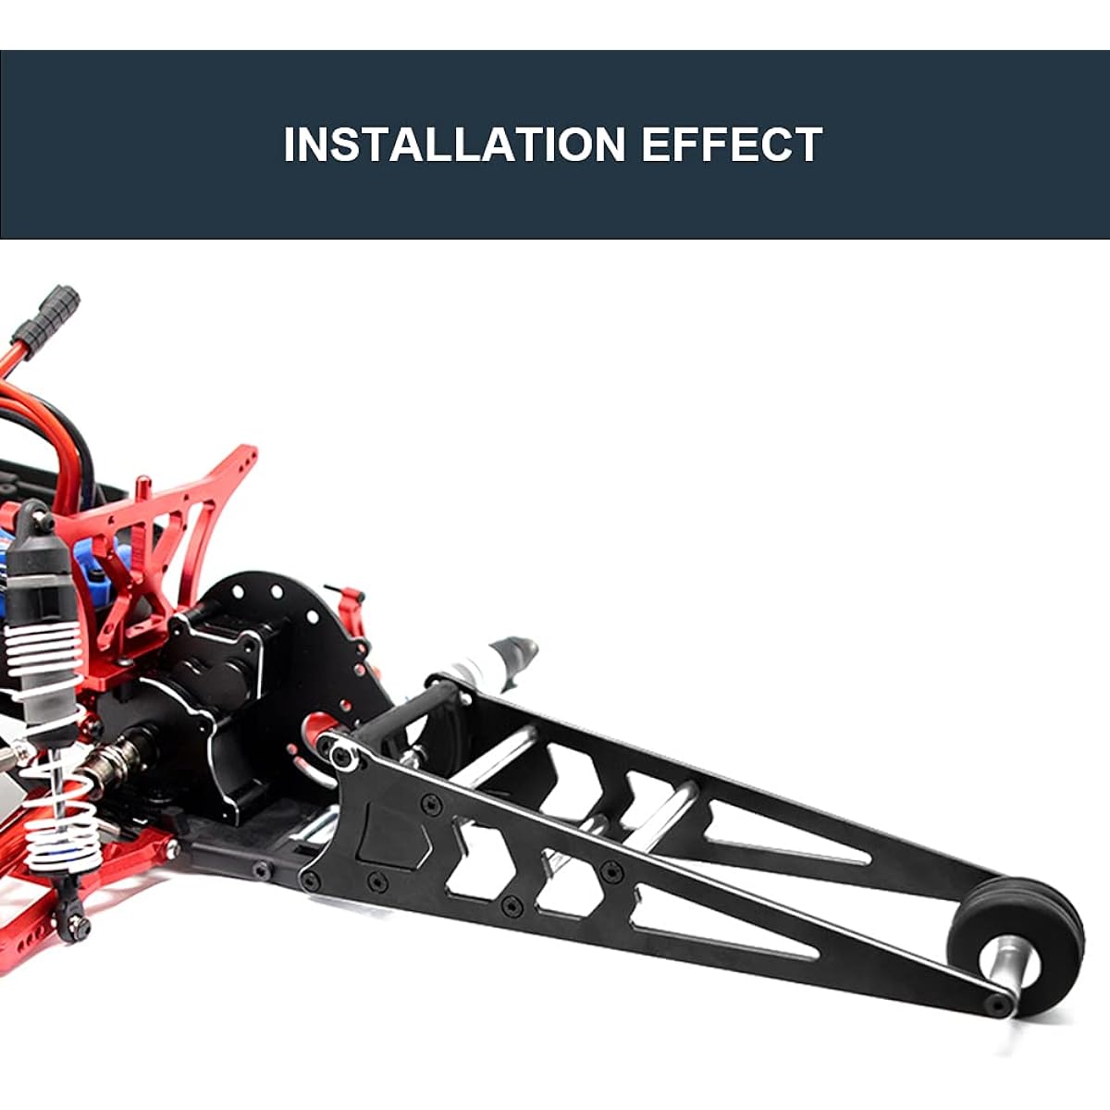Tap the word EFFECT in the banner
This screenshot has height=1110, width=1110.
732,144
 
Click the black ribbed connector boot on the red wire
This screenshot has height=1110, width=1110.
47,315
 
